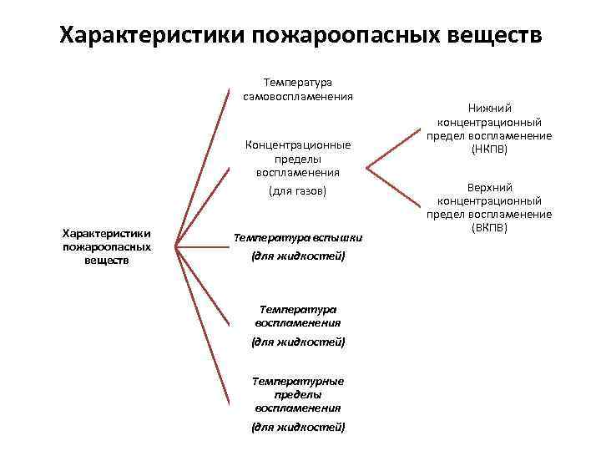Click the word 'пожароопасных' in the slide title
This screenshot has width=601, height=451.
[331, 36]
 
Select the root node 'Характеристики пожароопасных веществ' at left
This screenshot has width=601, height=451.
[106, 247]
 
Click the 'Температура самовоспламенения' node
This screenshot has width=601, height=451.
[298, 89]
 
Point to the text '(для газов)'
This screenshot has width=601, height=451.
[298, 191]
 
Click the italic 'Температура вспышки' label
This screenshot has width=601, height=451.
[298, 237]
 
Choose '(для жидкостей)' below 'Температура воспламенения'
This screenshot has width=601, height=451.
[298, 342]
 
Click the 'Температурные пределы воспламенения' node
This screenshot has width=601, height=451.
[298, 394]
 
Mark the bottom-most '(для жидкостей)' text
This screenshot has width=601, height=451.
[298, 427]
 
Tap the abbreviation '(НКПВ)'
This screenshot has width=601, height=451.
[489, 149]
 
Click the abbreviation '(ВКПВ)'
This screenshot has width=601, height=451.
[489, 227]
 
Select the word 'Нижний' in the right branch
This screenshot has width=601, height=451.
[490, 108]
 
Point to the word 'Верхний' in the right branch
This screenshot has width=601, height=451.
[489, 187]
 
